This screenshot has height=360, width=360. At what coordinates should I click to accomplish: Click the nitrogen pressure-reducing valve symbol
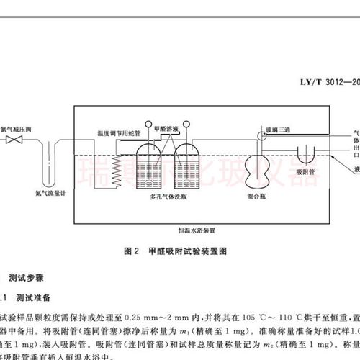pos(10,140)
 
